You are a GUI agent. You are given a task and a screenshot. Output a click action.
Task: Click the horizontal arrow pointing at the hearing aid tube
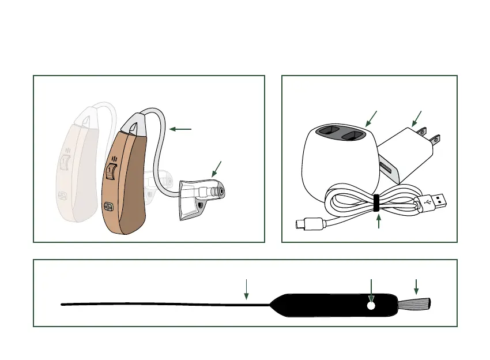182,129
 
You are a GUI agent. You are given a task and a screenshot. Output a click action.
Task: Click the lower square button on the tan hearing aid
108,207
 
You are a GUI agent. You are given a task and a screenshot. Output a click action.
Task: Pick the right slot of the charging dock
353,136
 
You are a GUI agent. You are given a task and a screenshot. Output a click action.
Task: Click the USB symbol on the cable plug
427,202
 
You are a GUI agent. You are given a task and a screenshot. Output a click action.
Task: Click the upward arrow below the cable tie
378,221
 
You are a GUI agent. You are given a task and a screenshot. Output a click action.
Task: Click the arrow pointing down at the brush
416,286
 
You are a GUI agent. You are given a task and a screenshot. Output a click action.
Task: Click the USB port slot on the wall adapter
385,170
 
